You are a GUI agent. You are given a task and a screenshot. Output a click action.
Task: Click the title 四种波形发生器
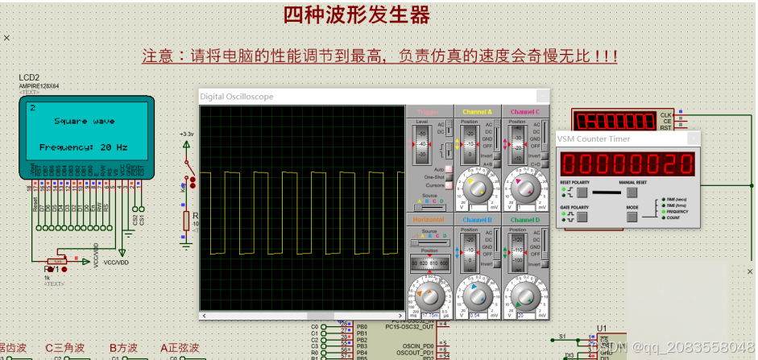point(356,15)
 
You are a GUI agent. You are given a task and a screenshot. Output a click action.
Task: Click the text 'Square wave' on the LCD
point(84,122)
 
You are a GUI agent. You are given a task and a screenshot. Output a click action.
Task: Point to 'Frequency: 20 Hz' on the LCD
point(84,148)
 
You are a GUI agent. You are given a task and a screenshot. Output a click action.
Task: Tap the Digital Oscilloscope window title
point(237,97)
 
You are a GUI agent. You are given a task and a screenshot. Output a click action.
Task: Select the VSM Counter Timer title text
point(594,139)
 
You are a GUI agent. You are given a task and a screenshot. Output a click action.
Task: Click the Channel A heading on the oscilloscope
point(477,111)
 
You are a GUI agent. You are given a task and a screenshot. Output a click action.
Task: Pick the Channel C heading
point(525,111)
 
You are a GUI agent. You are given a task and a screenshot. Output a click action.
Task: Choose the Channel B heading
point(477,220)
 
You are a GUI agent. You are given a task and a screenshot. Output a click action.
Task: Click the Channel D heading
point(525,220)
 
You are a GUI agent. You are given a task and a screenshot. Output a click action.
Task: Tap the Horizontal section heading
point(429,220)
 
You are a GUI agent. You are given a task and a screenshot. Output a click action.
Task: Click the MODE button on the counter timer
point(632,216)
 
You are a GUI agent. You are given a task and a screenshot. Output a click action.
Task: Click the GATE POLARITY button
point(581,216)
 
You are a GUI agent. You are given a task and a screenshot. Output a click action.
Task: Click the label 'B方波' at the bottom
point(126,349)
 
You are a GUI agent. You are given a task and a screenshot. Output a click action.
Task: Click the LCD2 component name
point(29,78)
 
